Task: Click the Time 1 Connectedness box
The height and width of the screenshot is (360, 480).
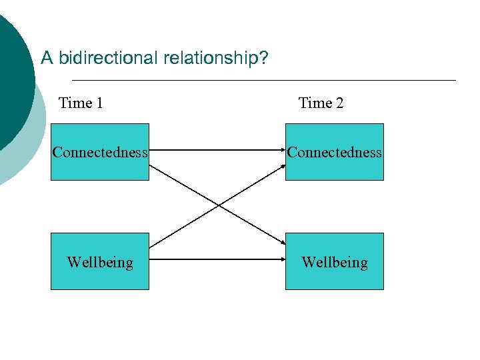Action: pos(100,152)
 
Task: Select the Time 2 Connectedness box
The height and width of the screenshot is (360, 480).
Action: pos(335,152)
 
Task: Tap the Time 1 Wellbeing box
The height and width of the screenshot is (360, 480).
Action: pos(100,261)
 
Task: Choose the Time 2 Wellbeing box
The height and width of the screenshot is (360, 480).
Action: pos(335,261)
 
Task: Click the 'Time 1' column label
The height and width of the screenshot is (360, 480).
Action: pos(81,103)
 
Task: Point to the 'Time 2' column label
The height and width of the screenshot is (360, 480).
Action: pos(321,103)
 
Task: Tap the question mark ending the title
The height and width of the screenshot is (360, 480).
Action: pos(264,59)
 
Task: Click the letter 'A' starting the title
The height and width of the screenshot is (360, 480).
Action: pos(47,59)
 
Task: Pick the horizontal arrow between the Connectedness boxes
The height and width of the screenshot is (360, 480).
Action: pos(217,151)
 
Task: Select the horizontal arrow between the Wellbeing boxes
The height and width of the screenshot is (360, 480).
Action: pos(217,261)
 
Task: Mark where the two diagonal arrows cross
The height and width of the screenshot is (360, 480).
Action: pos(218,205)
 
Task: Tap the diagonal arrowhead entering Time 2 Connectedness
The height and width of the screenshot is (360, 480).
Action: pos(281,167)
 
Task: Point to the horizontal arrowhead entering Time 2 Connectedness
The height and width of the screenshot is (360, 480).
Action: pos(281,151)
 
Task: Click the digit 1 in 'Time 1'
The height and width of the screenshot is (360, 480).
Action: pos(99,103)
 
